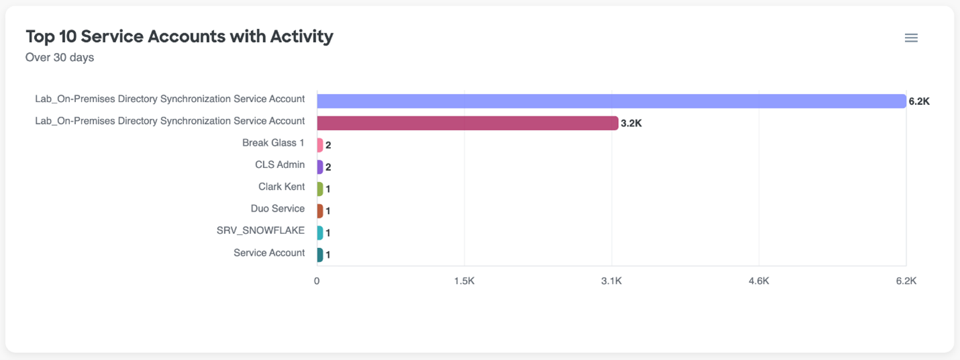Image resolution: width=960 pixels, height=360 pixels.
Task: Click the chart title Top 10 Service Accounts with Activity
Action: click(179, 36)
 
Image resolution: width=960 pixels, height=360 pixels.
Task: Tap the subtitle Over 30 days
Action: click(60, 58)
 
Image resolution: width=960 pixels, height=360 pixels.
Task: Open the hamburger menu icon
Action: click(911, 38)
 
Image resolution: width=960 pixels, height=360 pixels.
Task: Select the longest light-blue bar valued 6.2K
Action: click(611, 101)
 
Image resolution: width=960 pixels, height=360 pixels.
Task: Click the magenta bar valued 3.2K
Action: click(467, 123)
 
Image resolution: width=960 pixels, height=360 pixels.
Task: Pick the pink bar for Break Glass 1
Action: click(320, 145)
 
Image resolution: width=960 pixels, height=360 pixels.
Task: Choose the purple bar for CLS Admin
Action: click(320, 167)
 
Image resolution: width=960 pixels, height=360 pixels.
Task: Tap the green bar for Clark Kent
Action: click(320, 189)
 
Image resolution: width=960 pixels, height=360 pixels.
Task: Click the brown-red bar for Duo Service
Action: click(320, 211)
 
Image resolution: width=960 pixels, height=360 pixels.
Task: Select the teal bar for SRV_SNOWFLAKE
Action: click(320, 233)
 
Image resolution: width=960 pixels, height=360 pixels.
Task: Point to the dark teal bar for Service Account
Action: click(320, 255)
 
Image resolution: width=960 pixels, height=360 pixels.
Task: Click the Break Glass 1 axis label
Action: click(273, 143)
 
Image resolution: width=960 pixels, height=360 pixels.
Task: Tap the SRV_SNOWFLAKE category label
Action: click(260, 230)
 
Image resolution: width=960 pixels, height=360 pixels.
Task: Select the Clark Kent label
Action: click(281, 187)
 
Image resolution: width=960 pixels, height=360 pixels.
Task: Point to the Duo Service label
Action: click(277, 209)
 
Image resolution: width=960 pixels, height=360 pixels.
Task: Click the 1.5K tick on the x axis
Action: click(464, 281)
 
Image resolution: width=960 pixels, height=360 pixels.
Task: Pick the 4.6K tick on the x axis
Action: click(759, 281)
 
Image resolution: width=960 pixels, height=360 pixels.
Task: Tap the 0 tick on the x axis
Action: click(317, 281)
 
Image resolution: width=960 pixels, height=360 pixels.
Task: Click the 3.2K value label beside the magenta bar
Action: click(631, 124)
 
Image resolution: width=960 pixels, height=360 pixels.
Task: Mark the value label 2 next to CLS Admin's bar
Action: click(328, 167)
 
